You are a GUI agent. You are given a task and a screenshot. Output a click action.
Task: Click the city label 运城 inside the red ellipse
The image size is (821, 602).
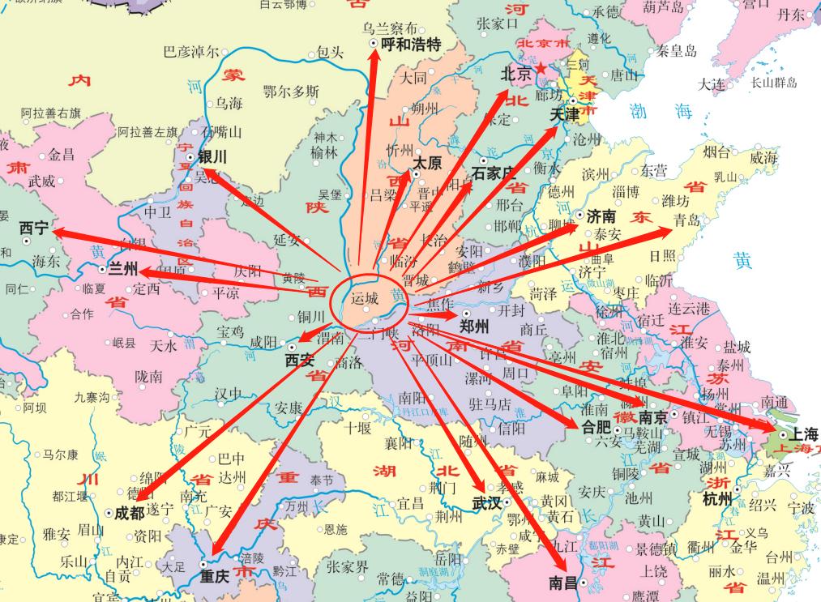(x=365, y=299)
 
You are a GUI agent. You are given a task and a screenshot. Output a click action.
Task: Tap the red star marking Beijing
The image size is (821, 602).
(x=541, y=70)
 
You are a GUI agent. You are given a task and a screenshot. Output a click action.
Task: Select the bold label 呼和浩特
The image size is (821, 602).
(x=411, y=45)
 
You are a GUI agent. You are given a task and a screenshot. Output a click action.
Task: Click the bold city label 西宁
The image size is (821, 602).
(x=34, y=228)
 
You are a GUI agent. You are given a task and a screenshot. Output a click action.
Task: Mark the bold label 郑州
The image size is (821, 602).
(x=474, y=327)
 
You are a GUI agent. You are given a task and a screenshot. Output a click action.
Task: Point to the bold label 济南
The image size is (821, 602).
(x=601, y=216)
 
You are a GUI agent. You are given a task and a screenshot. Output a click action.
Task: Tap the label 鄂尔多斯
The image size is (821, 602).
(x=291, y=92)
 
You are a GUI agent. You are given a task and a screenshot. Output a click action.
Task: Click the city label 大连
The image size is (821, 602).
(x=712, y=83)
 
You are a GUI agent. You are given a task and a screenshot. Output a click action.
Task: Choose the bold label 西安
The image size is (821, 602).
(x=299, y=361)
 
